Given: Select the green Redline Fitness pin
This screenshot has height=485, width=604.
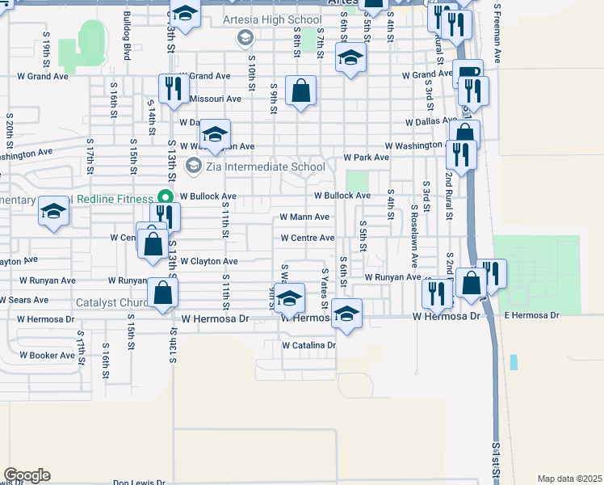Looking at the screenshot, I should tap(165, 197).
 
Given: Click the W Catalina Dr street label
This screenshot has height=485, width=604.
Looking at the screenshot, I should tap(308, 345).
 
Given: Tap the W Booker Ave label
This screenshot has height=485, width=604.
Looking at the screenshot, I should tap(47, 355).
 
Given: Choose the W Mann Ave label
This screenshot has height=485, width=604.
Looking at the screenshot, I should tap(304, 217).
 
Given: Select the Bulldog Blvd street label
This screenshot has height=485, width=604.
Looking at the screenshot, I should tap(127, 43).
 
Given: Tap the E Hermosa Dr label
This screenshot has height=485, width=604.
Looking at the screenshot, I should tap(531, 314).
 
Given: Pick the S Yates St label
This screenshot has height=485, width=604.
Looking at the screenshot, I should tap(325, 289).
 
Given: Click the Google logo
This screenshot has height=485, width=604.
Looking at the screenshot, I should tap(27, 475).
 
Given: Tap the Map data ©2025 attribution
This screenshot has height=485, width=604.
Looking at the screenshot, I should tap(568, 479).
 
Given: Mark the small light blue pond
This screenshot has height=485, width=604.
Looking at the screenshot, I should tap(514, 362).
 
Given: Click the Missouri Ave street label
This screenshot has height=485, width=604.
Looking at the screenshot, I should tap(215, 99).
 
